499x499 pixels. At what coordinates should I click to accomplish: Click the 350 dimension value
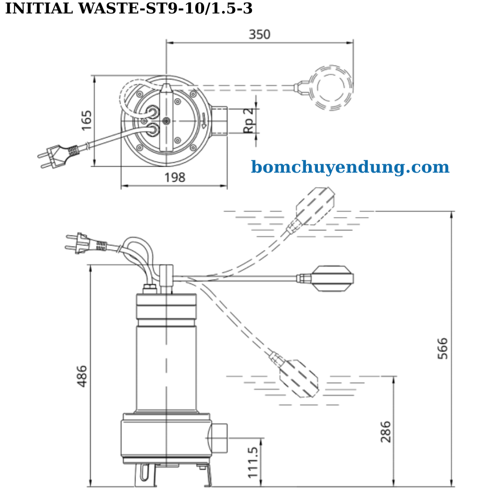(259, 34)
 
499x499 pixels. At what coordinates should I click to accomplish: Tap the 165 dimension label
(87, 120)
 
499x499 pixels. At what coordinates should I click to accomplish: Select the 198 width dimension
(175, 177)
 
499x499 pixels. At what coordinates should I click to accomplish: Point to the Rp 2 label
(249, 120)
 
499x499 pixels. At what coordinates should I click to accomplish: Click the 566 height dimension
(443, 348)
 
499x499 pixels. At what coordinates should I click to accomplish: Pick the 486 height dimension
(82, 376)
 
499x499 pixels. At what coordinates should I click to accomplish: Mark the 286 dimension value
(386, 432)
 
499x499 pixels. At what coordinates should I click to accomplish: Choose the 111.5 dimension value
(253, 462)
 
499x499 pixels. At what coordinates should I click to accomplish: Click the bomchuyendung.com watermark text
(350, 167)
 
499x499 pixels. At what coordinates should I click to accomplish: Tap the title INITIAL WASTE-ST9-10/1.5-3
(129, 8)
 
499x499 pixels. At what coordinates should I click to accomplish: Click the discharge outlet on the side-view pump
(218, 438)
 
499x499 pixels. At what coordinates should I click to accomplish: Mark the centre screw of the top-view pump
(167, 121)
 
